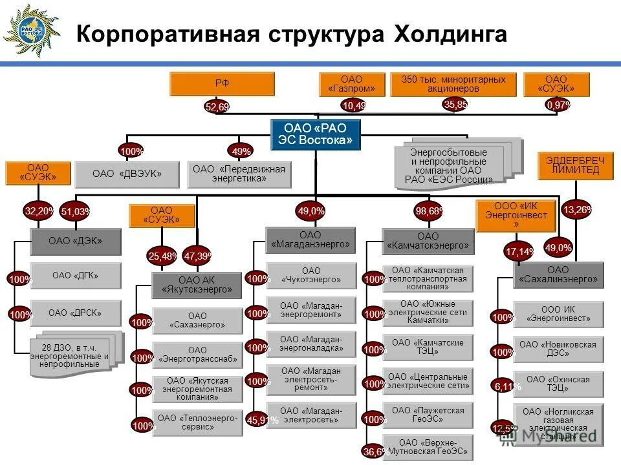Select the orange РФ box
pos(222,84)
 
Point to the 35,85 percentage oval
pos(455,104)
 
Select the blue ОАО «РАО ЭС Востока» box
pos(316,134)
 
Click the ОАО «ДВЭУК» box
pos(127,174)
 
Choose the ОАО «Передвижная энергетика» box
pos(239,174)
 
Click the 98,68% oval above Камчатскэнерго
pos(429,211)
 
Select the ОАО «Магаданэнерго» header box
pos(310,240)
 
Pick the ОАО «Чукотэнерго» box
pos(310,276)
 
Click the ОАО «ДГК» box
pos(76,276)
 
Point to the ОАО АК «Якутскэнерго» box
pos(197,285)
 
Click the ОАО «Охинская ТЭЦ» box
pos(558,384)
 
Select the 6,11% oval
pos(507,386)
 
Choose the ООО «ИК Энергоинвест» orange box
pos(516,216)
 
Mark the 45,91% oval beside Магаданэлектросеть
pos(263,420)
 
